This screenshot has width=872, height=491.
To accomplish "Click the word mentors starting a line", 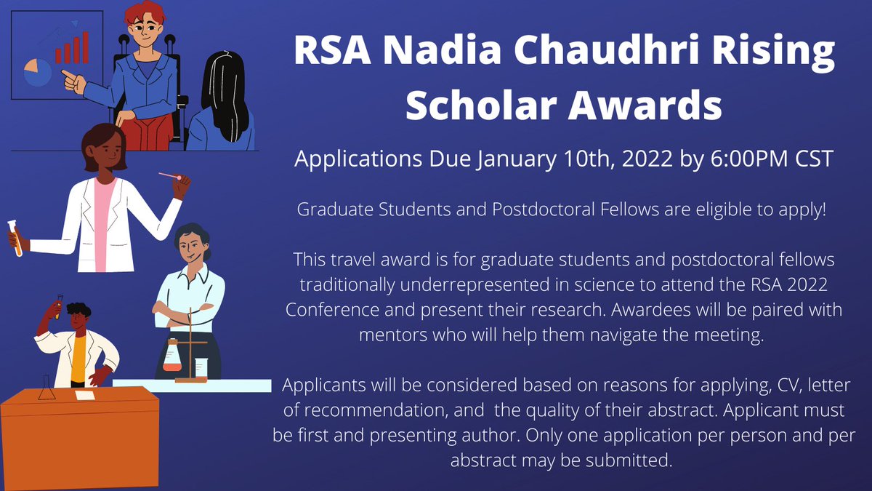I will (395, 335).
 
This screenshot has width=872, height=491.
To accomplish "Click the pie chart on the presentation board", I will (38, 72).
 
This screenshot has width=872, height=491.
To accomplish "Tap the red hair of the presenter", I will (144, 12).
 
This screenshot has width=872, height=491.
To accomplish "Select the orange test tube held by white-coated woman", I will (13, 238).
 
